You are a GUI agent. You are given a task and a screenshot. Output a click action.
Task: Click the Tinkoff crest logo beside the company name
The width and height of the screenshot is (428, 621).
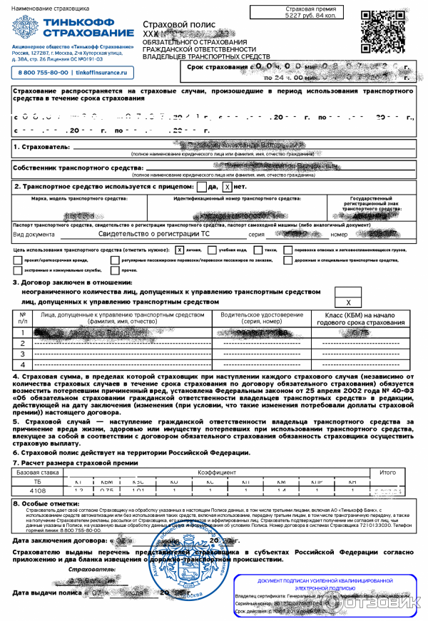point(24,29)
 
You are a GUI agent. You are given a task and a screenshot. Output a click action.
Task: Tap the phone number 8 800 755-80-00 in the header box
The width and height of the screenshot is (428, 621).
point(44,73)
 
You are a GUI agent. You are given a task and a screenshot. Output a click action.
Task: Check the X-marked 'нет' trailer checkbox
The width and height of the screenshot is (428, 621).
point(228,187)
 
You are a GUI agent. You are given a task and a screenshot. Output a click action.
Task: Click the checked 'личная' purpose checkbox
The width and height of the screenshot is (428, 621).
point(180,250)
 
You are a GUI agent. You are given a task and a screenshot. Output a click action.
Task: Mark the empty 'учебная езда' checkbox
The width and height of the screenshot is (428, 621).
point(212,250)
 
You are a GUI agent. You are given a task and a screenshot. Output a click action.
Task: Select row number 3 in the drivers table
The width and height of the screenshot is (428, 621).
point(24,354)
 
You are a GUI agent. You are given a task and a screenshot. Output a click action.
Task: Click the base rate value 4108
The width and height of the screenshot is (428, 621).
point(37,491)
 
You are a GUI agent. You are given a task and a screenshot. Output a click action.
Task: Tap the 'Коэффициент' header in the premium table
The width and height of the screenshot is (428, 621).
point(218,472)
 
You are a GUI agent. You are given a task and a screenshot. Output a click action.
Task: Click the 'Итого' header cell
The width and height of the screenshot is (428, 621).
point(387,472)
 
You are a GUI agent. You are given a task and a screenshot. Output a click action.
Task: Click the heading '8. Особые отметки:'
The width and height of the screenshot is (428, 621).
point(48,503)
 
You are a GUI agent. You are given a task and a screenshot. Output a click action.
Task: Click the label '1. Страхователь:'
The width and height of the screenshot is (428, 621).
point(41,147)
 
